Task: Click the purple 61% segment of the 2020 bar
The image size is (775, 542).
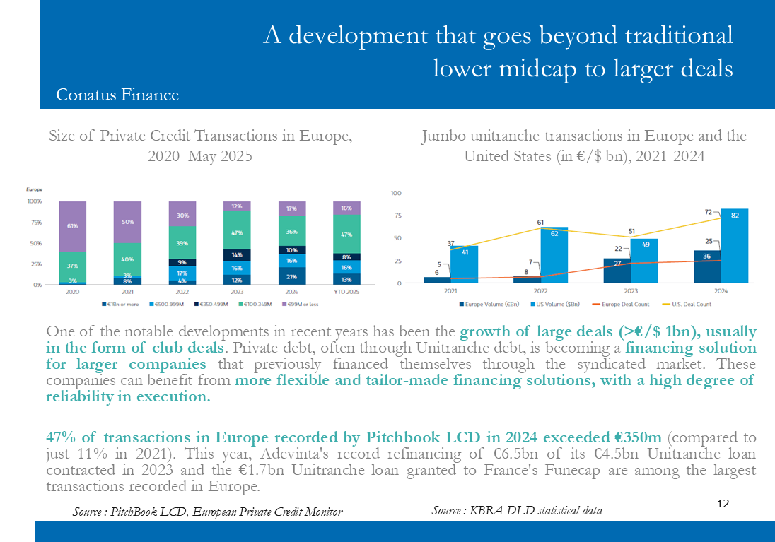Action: tap(72, 226)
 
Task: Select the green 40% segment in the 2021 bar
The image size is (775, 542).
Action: tap(127, 259)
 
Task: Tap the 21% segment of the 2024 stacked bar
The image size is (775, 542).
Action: tap(291, 276)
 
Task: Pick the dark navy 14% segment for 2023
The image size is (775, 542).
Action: tap(237, 254)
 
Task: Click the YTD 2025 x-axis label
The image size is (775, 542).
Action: tap(346, 291)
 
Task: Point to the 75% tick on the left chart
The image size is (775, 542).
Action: tap(35, 222)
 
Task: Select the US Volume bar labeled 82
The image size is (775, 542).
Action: tap(735, 245)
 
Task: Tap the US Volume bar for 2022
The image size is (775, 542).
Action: tap(554, 254)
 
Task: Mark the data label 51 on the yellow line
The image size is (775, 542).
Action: tap(631, 230)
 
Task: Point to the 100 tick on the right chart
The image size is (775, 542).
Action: tap(396, 193)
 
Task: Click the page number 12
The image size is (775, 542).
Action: tap(723, 504)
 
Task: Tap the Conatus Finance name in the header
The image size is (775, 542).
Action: tap(117, 95)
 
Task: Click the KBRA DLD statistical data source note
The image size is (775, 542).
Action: tap(517, 510)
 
